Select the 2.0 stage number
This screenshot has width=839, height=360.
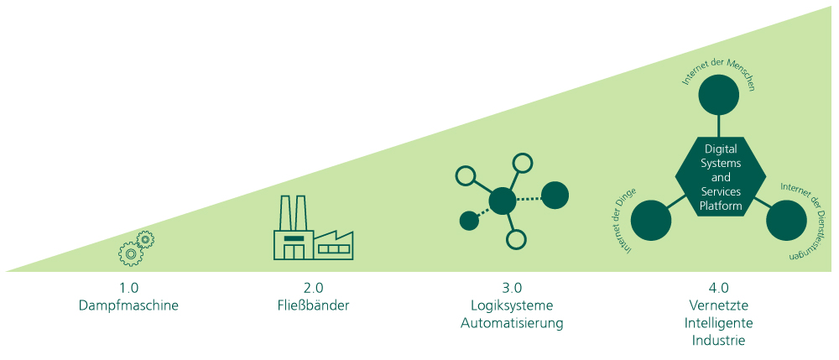(314, 287)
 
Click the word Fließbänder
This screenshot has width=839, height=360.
(314, 305)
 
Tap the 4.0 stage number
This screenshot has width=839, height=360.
(719, 287)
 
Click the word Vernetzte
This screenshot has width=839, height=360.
(719, 305)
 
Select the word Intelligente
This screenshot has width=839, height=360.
(719, 322)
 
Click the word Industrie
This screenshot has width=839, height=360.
(719, 340)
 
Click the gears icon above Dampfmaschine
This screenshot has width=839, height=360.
(136, 247)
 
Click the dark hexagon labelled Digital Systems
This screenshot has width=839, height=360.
(720, 177)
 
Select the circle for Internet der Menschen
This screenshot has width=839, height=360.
(719, 95)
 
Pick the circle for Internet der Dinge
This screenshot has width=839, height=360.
(651, 221)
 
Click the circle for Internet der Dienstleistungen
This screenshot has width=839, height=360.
(786, 220)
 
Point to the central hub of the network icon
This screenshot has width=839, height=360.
(503, 201)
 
